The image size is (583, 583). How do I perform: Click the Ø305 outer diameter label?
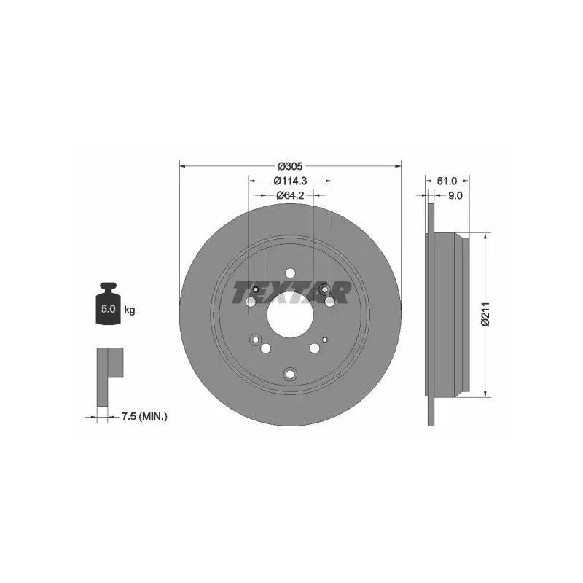click(x=290, y=166)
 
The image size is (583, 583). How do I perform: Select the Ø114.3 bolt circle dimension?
click(x=290, y=181)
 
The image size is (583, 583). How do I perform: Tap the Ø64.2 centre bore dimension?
click(x=290, y=195)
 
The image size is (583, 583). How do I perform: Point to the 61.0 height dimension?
click(x=447, y=181)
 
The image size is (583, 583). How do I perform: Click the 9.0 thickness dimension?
click(x=455, y=195)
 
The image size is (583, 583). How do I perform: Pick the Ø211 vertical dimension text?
click(x=485, y=314)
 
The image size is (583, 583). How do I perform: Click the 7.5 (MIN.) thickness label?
click(x=144, y=417)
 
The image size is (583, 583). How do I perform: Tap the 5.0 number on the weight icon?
click(x=108, y=308)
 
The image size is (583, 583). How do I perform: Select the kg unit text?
click(x=130, y=309)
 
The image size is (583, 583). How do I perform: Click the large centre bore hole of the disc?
click(x=290, y=314)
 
